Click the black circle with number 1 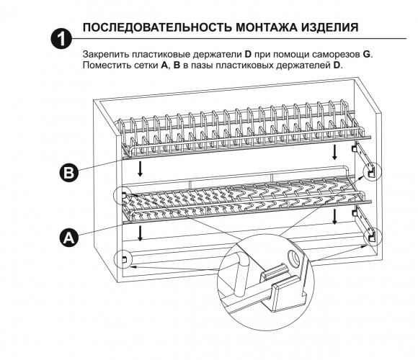[61, 39]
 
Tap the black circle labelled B [69, 173]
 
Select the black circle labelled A [69, 237]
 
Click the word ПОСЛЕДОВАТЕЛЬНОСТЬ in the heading [157, 27]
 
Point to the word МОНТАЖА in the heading [267, 27]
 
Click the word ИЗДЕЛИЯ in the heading [330, 27]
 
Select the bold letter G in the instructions [367, 54]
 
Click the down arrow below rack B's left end [140, 168]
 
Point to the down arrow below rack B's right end [334, 153]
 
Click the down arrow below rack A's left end [140, 233]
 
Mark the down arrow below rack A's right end [334, 217]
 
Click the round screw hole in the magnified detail [294, 257]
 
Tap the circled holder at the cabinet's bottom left [123, 259]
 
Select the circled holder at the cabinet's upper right [373, 172]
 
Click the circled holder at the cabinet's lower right [373, 236]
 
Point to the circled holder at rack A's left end [123, 195]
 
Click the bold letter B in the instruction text [177, 65]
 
